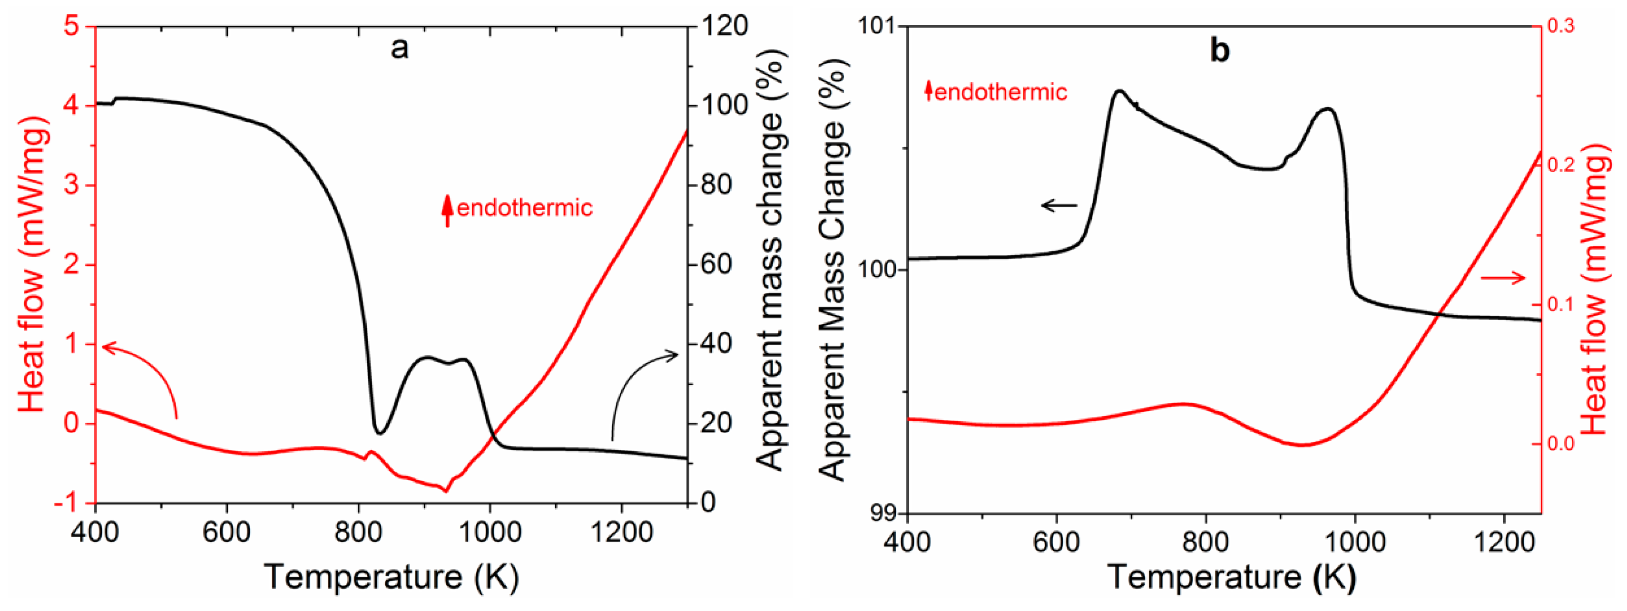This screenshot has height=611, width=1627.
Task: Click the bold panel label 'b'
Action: (x=1220, y=50)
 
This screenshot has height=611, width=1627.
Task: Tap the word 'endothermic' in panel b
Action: (x=1000, y=92)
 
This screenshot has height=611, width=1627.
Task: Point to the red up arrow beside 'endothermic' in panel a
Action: (x=447, y=210)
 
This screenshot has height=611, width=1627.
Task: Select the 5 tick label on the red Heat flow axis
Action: (x=71, y=27)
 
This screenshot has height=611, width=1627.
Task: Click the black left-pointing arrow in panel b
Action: (x=1059, y=205)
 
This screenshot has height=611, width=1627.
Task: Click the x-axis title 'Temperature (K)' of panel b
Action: (x=1231, y=577)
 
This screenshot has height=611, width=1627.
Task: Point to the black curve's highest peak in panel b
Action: (x=1119, y=91)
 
